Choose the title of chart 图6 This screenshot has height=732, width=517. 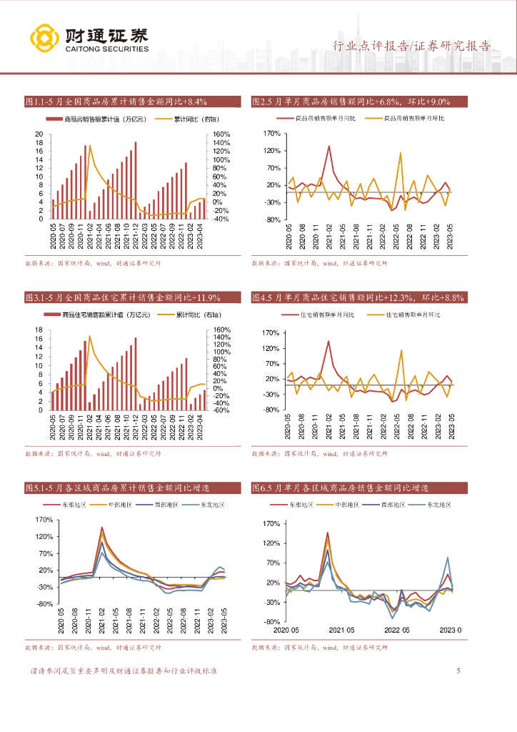click(340, 488)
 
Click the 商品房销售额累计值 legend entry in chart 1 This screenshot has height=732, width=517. click(104, 119)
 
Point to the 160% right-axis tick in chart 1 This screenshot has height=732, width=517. click(221, 134)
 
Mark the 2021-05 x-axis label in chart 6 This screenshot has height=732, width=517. click(341, 630)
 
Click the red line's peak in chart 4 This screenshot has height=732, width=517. click(328, 341)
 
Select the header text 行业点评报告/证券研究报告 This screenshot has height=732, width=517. click(412, 47)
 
